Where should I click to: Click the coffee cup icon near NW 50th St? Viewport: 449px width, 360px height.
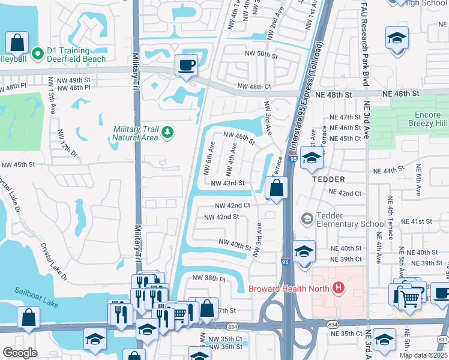coord(186,65)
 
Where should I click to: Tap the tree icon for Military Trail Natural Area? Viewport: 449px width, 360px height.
coord(169,132)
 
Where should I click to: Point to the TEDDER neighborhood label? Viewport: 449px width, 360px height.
coord(328,179)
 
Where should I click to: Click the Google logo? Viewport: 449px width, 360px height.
coord(20,353)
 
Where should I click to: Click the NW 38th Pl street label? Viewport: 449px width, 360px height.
coord(208,278)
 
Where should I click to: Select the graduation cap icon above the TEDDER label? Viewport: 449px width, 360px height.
coord(312,159)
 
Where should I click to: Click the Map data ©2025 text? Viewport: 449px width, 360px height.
coord(423,355)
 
